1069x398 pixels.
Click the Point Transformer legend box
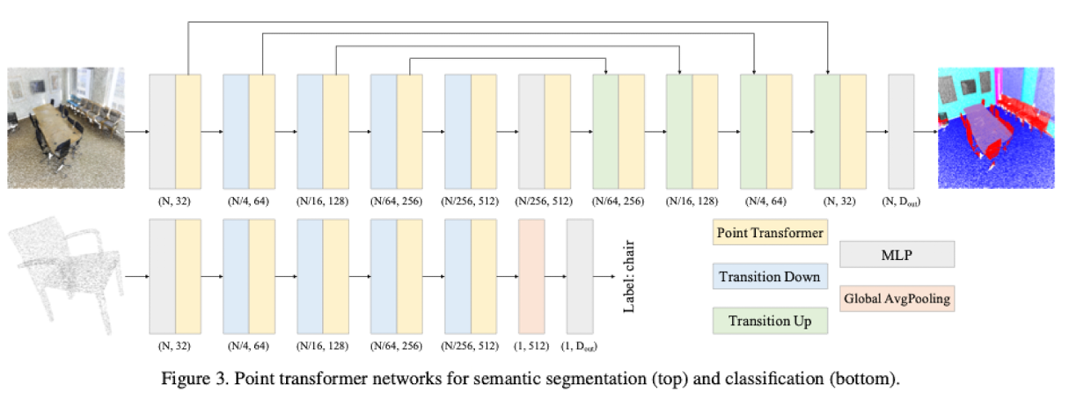click(770, 232)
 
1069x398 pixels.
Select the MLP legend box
click(897, 254)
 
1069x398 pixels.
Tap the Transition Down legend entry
click(770, 276)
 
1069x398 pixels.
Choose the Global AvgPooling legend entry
click(897, 298)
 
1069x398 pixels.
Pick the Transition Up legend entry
click(770, 320)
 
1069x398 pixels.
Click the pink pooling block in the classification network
click(531, 276)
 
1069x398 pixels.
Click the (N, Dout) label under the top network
click(901, 201)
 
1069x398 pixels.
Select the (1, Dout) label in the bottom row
click(579, 346)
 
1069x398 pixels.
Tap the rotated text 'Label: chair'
click(629, 276)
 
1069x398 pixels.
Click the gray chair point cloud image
click(66, 275)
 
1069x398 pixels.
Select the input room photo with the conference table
click(66, 127)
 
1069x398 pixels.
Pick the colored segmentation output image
click(996, 127)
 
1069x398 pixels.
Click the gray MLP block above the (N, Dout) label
click(901, 132)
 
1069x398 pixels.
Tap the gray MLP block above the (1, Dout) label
click(579, 276)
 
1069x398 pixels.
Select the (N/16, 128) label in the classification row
click(323, 346)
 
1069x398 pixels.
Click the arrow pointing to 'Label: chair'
click(604, 276)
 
